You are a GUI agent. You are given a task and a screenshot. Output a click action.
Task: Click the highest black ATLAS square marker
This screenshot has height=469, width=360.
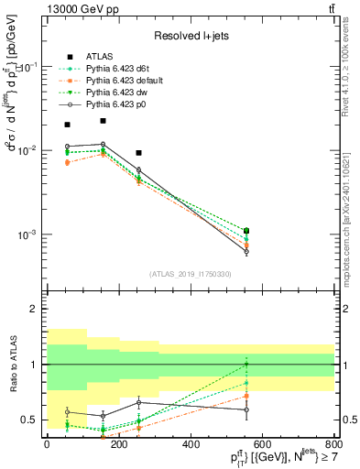coord(104,121)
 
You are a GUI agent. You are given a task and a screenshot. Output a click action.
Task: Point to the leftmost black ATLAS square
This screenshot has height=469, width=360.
coord(67,125)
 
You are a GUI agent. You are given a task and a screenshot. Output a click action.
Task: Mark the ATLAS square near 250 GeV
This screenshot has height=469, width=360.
coord(138,153)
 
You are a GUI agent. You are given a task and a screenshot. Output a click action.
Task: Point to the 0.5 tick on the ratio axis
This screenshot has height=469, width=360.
coord(34,420)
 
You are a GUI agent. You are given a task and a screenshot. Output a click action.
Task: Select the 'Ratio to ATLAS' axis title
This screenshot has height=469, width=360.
coord(12,365)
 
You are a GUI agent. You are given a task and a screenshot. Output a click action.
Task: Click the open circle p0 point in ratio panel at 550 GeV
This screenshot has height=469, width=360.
coord(246,409)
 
